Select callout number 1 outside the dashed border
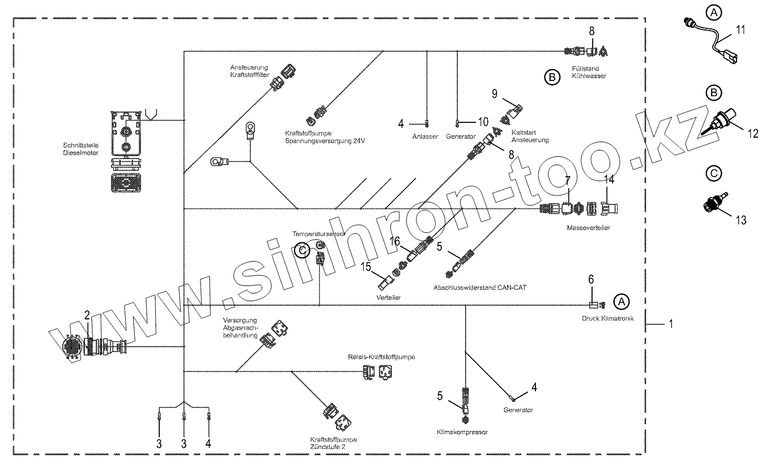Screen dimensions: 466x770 (671, 324)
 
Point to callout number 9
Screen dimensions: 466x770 (494, 93)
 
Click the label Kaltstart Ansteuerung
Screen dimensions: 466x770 (529, 136)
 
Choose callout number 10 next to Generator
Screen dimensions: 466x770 (483, 122)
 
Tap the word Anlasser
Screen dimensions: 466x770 (425, 136)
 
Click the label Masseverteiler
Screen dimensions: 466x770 (588, 228)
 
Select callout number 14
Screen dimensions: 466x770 (609, 181)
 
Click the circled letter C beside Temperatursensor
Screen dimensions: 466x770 (304, 250)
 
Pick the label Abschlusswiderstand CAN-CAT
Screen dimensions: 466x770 (480, 287)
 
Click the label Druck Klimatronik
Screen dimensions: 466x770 (607, 318)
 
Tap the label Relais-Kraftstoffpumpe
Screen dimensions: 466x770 (381, 357)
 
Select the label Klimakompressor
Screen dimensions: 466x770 (462, 431)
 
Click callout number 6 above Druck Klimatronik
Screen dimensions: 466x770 (591, 279)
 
